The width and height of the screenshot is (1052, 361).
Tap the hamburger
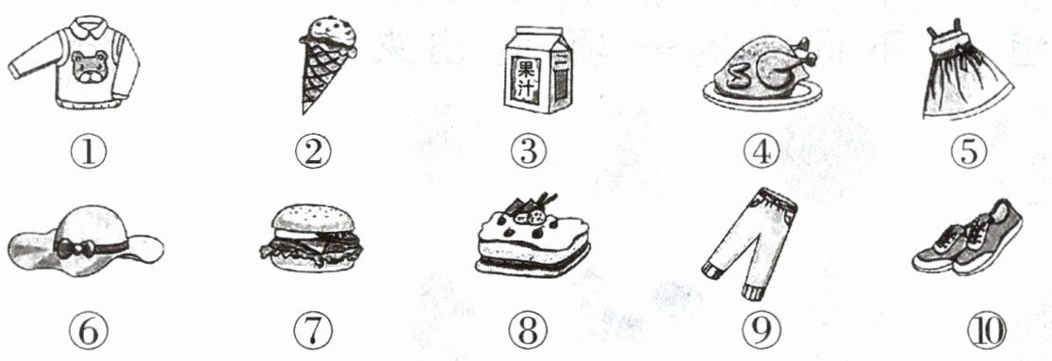[x=311, y=238]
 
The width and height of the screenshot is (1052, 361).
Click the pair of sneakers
[x=967, y=238]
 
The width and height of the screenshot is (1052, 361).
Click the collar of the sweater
[x=90, y=28]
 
